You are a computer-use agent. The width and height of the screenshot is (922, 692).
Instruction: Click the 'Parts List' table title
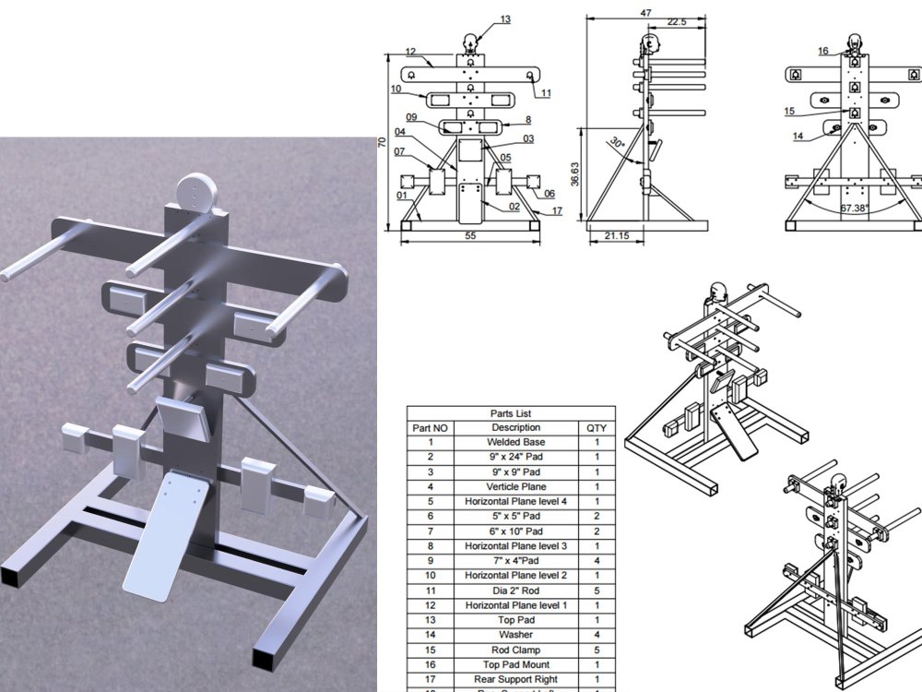click(511, 414)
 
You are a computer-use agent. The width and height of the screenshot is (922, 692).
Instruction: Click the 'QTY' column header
click(597, 428)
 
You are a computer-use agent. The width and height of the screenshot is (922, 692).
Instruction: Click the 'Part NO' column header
click(430, 428)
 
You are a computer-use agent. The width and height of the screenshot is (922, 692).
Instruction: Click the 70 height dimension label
click(381, 142)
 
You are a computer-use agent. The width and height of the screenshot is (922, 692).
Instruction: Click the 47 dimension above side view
click(645, 13)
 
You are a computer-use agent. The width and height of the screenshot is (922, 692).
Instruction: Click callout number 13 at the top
click(505, 18)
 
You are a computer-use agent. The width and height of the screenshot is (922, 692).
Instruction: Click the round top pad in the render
click(195, 193)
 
